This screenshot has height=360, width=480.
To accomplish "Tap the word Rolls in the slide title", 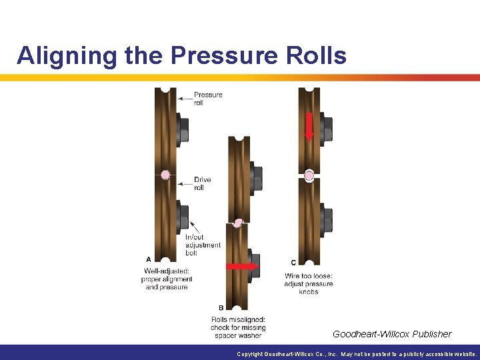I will [x=318, y=55].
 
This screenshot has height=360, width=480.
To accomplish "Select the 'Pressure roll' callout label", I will [x=208, y=99].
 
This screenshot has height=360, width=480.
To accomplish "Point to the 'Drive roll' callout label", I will [x=203, y=183].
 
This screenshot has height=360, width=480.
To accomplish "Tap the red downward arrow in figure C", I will [x=309, y=126].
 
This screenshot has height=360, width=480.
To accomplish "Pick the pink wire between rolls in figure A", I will [x=165, y=175].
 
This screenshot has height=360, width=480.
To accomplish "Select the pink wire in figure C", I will [x=309, y=176].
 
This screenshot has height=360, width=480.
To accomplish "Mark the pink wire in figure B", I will [x=237, y=223].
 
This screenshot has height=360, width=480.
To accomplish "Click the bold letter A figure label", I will [x=147, y=259].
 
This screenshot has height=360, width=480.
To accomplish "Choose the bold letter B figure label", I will [x=221, y=308].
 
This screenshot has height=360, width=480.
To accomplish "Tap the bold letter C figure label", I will [x=293, y=262].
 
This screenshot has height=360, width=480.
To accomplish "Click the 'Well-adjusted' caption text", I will [x=167, y=279].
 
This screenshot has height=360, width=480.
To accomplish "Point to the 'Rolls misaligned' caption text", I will [x=239, y=327].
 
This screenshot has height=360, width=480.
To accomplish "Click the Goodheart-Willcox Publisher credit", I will [x=392, y=334].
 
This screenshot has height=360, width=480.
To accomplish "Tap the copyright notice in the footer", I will [x=357, y=354].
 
